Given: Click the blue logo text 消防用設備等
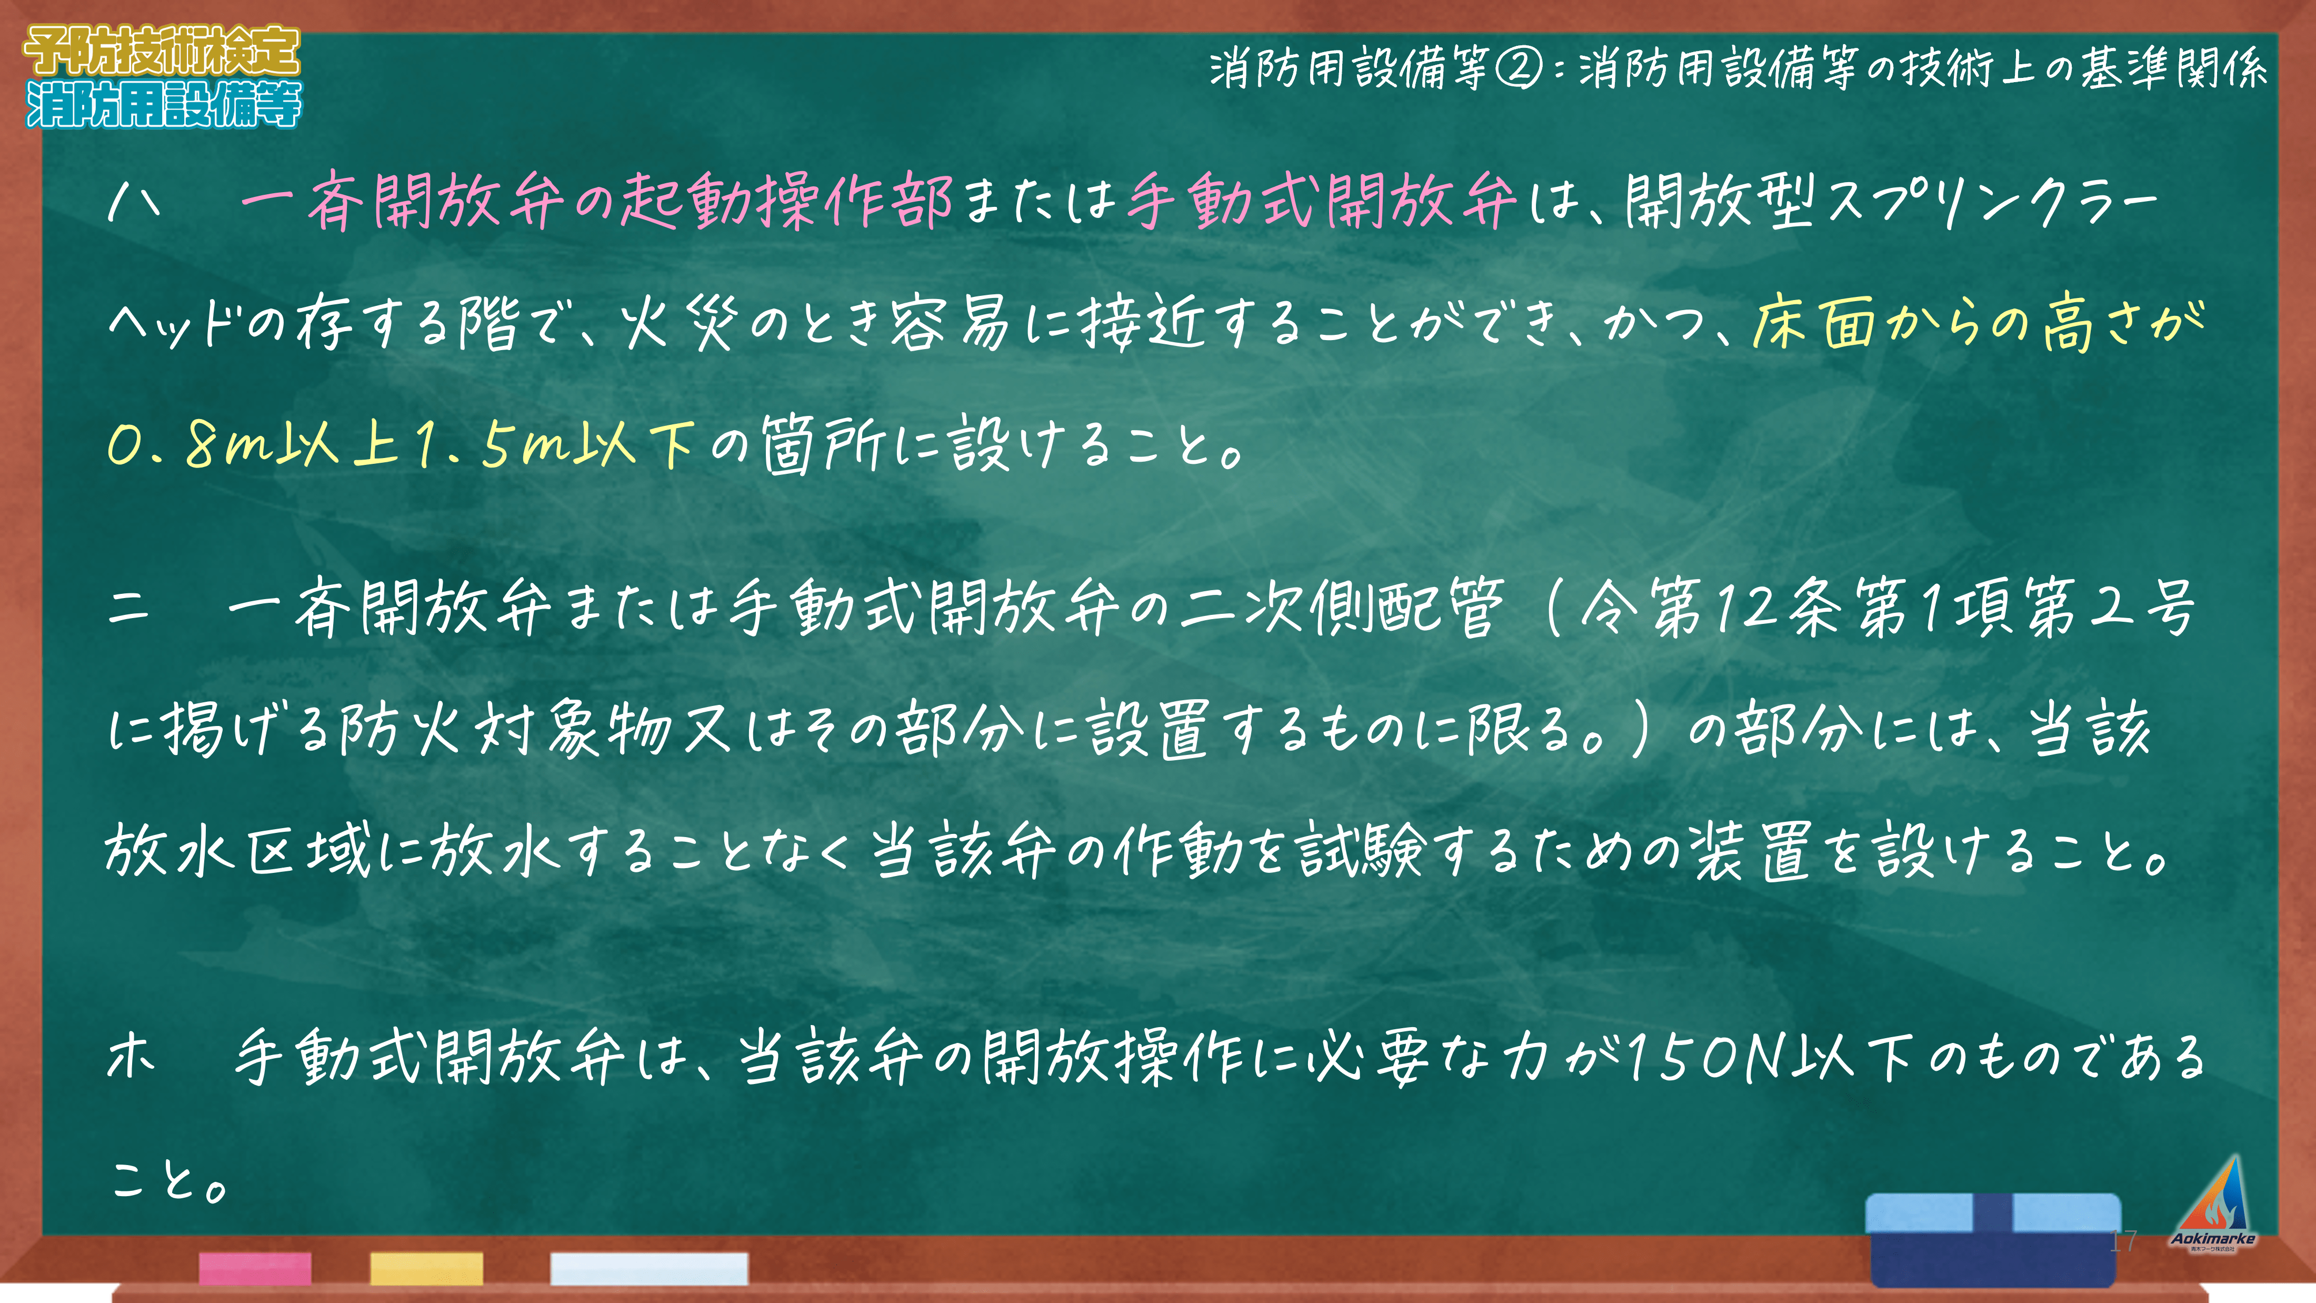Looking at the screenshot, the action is (164, 104).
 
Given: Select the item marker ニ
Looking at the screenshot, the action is (128, 608).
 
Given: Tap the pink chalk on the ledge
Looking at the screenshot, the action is (255, 1268).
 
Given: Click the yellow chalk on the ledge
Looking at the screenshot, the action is (426, 1268).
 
